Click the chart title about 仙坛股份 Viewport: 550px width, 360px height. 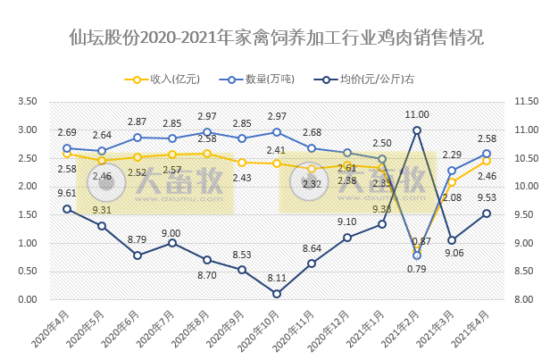[x=275, y=38]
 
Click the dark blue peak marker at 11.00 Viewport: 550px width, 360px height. [x=417, y=130]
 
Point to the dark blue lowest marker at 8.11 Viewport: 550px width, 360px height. [x=277, y=294]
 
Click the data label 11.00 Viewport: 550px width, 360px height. [x=417, y=115]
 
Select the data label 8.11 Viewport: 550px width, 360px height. [x=277, y=278]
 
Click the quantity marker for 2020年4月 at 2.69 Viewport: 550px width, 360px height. [x=67, y=148]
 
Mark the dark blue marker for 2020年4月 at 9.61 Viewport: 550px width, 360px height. [x=67, y=209]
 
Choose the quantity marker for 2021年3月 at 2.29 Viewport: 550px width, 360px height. [x=452, y=171]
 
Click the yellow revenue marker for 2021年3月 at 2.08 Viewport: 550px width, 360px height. [x=452, y=182]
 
